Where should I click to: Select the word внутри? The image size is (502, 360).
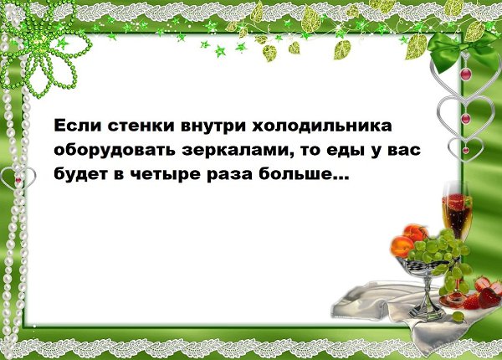[x=213, y=126]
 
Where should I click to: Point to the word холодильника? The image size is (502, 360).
[x=322, y=126]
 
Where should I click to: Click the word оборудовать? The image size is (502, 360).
[x=115, y=150]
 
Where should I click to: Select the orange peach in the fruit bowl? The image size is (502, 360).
[x=402, y=246]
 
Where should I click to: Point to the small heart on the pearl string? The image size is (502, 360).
[x=18, y=177]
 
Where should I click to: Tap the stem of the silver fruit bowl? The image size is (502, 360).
[x=427, y=295]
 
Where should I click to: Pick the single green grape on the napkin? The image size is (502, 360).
[x=458, y=316]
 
